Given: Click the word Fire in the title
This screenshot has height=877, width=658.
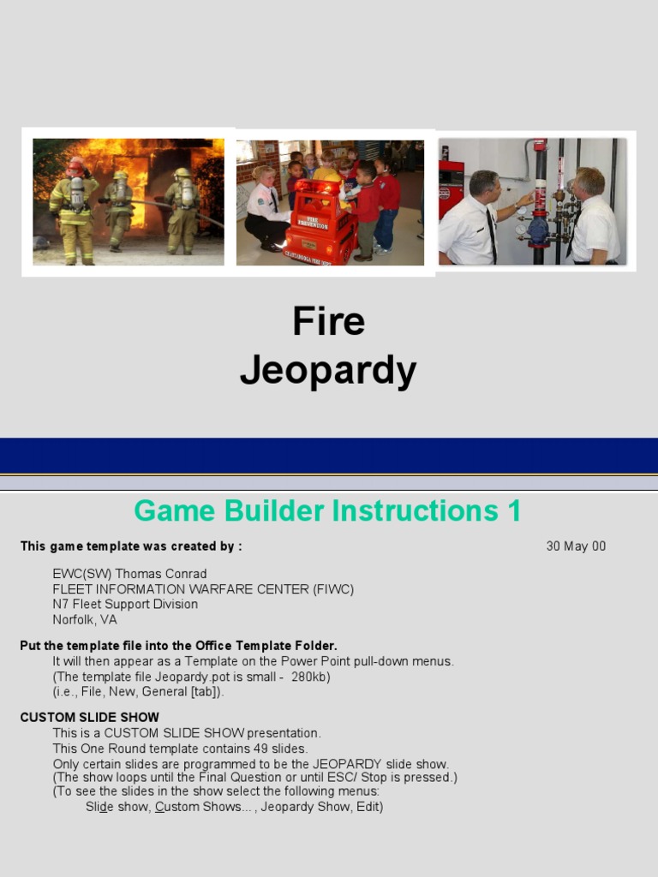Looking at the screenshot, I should (x=328, y=322).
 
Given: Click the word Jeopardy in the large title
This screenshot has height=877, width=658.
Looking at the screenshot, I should (x=328, y=371).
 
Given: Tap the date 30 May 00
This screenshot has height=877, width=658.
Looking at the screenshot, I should (x=576, y=546).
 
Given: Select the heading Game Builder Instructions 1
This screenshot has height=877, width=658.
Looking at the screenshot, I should (x=327, y=511).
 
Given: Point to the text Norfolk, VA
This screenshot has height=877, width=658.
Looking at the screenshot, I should (x=85, y=619).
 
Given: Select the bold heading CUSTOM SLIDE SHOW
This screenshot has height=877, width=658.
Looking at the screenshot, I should (x=89, y=718).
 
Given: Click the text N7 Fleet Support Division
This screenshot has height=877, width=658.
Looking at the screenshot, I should (x=125, y=605).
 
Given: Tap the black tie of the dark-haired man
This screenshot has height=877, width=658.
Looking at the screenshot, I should (x=491, y=234).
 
